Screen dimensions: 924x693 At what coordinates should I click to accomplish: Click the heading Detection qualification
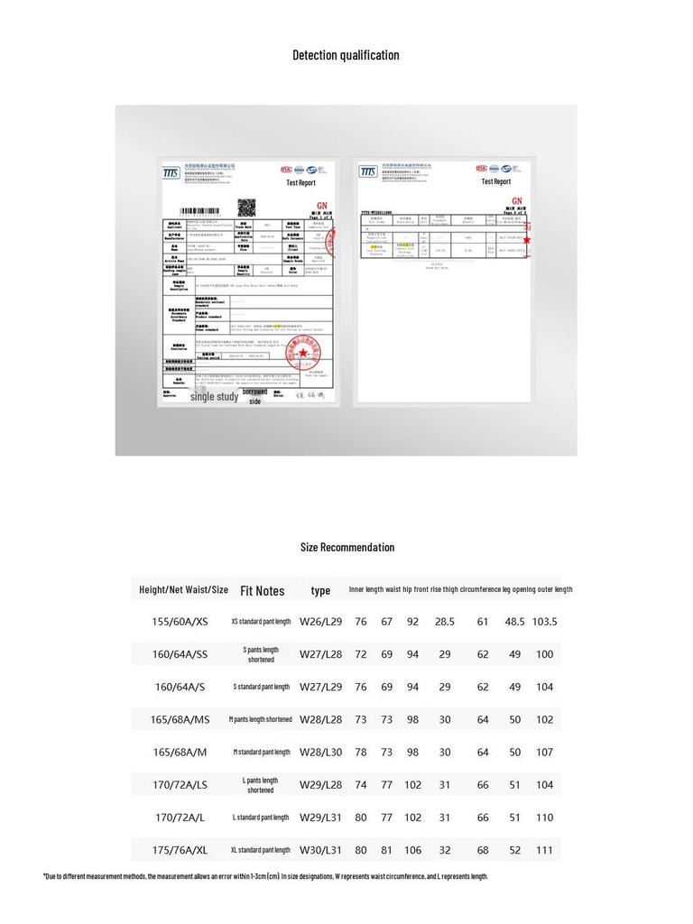pyautogui.click(x=346, y=55)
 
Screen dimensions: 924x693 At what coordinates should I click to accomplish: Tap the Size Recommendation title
pyautogui.click(x=347, y=547)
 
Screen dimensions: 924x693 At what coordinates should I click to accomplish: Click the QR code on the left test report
pyautogui.click(x=246, y=207)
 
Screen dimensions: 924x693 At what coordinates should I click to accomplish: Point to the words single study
pyautogui.click(x=214, y=396)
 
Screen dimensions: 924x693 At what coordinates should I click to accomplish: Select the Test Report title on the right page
pyautogui.click(x=495, y=181)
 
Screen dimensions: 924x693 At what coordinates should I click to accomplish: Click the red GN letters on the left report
pyautogui.click(x=321, y=205)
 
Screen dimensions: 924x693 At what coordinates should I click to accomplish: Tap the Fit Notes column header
pyautogui.click(x=262, y=591)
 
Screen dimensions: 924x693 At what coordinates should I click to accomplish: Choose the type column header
pyautogui.click(x=320, y=590)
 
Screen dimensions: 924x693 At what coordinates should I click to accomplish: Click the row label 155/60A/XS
pyautogui.click(x=180, y=622)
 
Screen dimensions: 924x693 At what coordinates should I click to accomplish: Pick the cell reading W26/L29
pyautogui.click(x=320, y=622)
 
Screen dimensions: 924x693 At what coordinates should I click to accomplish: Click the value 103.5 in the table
pyautogui.click(x=544, y=622)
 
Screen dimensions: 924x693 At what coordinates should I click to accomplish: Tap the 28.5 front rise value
pyautogui.click(x=445, y=622)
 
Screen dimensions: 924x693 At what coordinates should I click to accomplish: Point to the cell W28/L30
pyautogui.click(x=320, y=752)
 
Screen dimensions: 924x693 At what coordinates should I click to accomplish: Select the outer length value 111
pyautogui.click(x=544, y=850)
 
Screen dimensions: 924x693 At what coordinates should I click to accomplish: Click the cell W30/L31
pyautogui.click(x=320, y=850)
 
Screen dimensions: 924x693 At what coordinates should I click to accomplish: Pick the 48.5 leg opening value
pyautogui.click(x=514, y=622)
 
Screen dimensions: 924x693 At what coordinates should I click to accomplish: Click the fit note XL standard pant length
pyautogui.click(x=261, y=850)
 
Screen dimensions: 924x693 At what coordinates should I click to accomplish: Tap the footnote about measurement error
pyautogui.click(x=265, y=876)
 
